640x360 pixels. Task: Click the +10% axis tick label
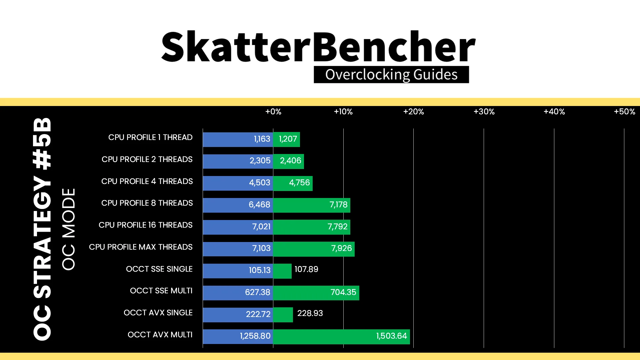click(x=343, y=112)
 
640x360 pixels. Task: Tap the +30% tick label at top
click(x=484, y=112)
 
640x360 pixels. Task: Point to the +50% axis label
click(x=624, y=112)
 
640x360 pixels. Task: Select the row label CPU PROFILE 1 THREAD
click(x=150, y=137)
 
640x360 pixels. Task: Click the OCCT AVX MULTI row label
click(x=160, y=335)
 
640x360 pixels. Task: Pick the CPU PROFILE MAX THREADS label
click(x=141, y=247)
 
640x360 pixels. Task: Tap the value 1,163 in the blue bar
click(x=262, y=139)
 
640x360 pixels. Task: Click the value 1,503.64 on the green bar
click(x=392, y=336)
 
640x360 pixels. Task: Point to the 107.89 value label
click(x=306, y=269)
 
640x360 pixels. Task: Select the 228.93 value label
click(x=310, y=313)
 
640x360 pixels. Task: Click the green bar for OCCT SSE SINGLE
click(x=282, y=271)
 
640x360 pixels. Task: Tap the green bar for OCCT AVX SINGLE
click(x=283, y=315)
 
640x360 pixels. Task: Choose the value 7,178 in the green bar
click(x=338, y=205)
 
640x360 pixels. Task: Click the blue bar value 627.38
click(x=258, y=292)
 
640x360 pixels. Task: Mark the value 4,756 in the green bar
click(x=299, y=183)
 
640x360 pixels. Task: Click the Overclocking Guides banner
click(x=391, y=75)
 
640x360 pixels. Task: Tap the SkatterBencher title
click(x=318, y=47)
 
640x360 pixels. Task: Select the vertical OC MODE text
click(x=69, y=229)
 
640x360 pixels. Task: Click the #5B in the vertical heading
click(x=42, y=144)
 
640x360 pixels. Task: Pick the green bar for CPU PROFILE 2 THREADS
click(x=289, y=161)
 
